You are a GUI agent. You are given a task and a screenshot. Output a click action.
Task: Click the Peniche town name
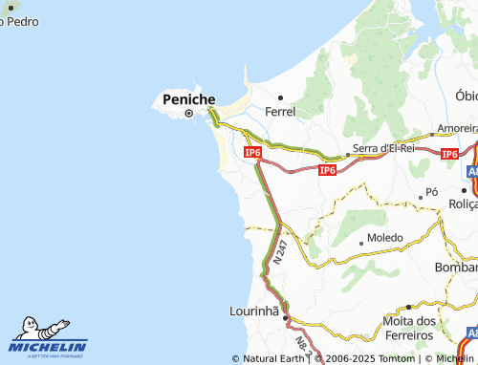pos(189,99)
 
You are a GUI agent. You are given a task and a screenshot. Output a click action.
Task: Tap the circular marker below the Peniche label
pos(188,114)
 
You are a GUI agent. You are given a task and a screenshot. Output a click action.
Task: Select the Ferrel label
pos(281,112)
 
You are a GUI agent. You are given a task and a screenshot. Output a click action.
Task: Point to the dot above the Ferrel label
pos(280,97)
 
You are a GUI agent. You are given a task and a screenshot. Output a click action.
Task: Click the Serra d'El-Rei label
pos(381,148)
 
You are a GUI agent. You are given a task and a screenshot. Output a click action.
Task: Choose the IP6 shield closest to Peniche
pos(252,152)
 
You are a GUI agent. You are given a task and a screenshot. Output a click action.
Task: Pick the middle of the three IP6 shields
pos(327,169)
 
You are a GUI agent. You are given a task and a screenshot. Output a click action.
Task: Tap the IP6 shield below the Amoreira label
pos(449,153)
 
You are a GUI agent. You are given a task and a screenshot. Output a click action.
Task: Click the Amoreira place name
pos(457,128)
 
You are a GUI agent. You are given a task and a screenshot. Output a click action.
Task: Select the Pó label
pos(431,192)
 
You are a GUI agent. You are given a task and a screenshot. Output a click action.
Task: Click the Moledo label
pos(385,236)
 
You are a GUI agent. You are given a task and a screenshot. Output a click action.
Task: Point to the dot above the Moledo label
pos(360,243)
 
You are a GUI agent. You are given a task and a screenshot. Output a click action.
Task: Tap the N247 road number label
pos(278,252)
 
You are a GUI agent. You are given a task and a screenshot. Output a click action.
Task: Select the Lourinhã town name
pos(253,311)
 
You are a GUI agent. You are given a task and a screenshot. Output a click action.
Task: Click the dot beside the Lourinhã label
pos(285,317)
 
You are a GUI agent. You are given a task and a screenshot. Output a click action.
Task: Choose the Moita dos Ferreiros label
pos(408,328)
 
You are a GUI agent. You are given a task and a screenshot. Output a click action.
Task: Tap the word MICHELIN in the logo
pos(49,347)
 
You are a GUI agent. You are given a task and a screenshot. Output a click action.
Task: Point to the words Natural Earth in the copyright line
pos(274,358)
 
